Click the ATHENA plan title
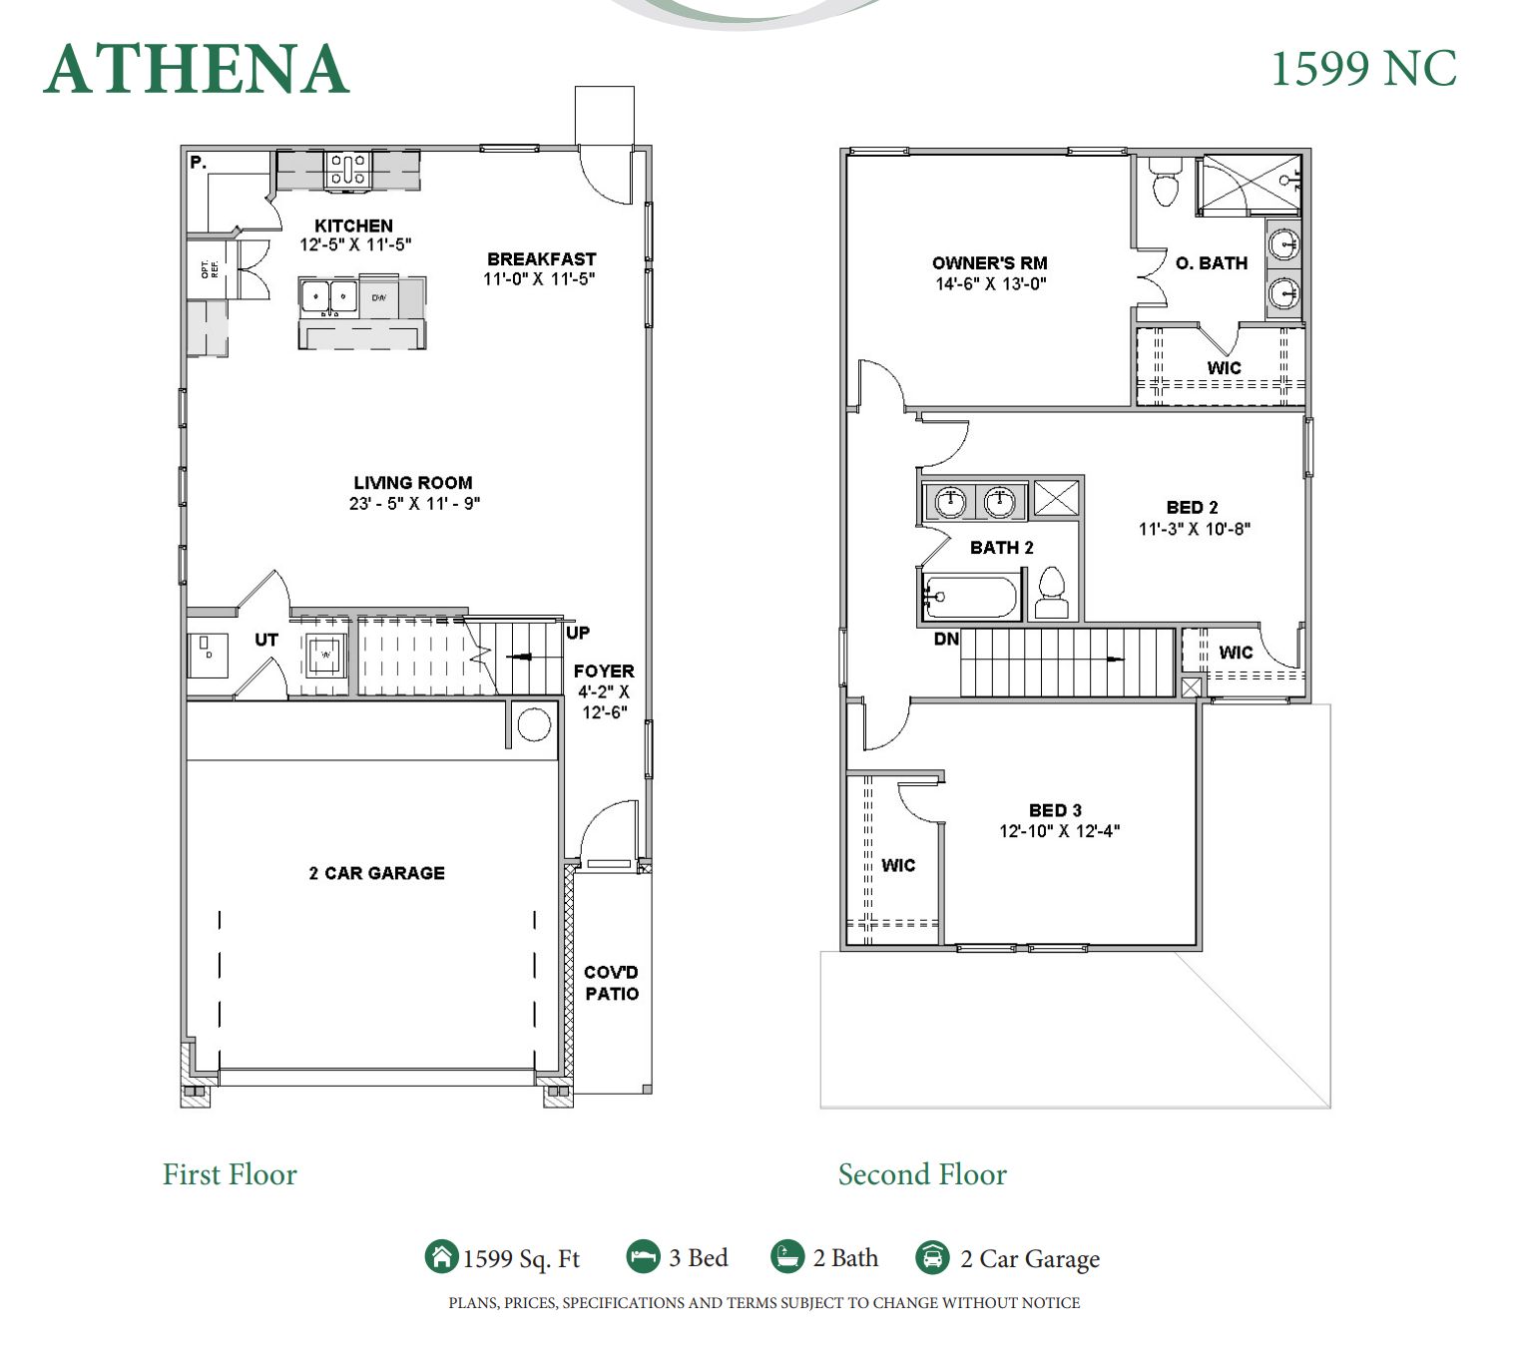(x=197, y=69)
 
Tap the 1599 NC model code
(x=1363, y=69)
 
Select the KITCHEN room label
(x=353, y=225)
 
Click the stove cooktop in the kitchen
(x=348, y=170)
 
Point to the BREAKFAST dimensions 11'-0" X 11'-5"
(x=539, y=279)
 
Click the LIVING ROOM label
(x=412, y=483)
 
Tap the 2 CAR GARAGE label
(x=376, y=873)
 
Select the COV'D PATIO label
(x=611, y=983)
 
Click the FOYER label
(x=604, y=672)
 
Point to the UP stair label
(x=578, y=633)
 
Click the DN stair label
(x=946, y=639)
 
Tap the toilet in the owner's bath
(x=1165, y=183)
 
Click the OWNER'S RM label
(x=989, y=263)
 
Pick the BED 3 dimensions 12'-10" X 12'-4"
(x=1059, y=831)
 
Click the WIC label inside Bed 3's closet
(x=898, y=865)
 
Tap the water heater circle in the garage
(x=534, y=724)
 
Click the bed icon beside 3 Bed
(x=644, y=1256)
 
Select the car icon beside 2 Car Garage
(x=932, y=1257)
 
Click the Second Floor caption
(x=922, y=1174)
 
